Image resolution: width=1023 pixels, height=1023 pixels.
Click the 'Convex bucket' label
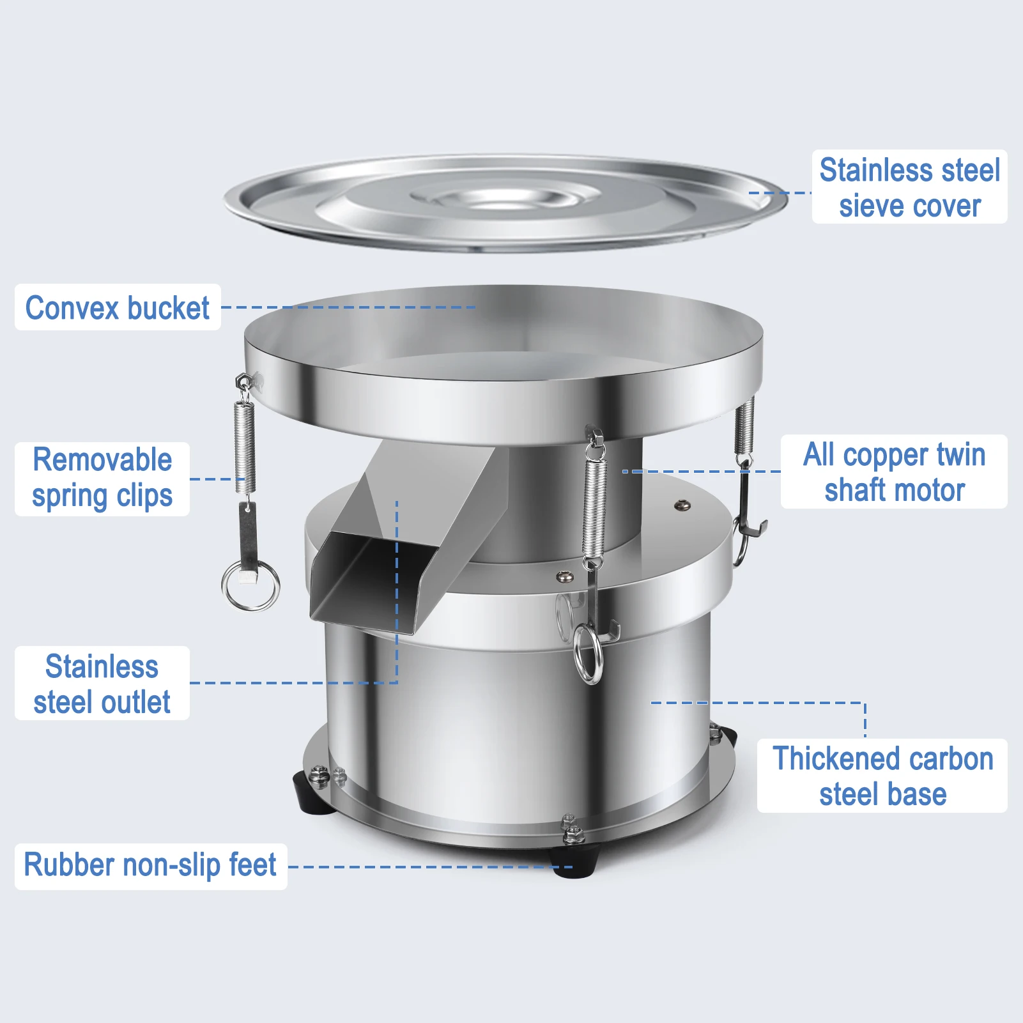[x=118, y=307]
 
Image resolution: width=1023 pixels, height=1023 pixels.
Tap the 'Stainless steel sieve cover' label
[x=909, y=187]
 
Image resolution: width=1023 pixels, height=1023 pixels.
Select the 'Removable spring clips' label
[x=102, y=479]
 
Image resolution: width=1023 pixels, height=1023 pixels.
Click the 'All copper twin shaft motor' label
[x=893, y=472]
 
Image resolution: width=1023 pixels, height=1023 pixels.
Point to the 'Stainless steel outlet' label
[x=102, y=683]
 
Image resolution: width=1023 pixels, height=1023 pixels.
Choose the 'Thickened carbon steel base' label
[x=882, y=776]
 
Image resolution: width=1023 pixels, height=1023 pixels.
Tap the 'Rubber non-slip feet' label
[x=150, y=866]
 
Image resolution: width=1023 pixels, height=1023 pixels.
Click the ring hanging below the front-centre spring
[x=588, y=654]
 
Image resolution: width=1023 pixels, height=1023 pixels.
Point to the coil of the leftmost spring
[x=245, y=447]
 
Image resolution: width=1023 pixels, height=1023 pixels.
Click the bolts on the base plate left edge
[x=328, y=776]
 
